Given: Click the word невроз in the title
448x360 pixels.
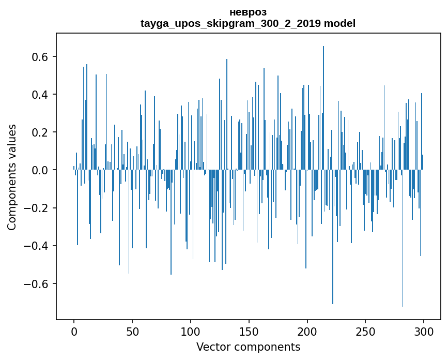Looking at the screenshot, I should (248, 12).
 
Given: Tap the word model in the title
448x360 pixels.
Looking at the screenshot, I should (339, 24).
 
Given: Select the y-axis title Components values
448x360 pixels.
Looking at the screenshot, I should (11, 177).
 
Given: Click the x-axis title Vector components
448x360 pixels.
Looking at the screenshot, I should (248, 347).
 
